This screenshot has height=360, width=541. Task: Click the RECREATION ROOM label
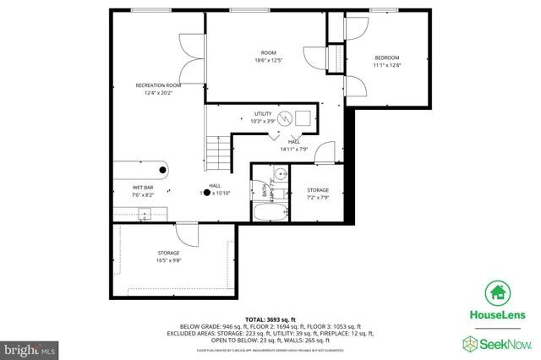(x=159, y=85)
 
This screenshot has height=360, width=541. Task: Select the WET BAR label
(x=142, y=187)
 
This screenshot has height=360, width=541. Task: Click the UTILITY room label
(x=264, y=114)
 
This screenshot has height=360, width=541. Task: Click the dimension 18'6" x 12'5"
(x=267, y=60)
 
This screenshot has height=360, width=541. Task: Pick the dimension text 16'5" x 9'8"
(x=169, y=260)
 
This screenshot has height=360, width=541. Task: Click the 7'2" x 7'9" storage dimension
(x=318, y=198)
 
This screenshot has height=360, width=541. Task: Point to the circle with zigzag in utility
(x=285, y=117)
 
